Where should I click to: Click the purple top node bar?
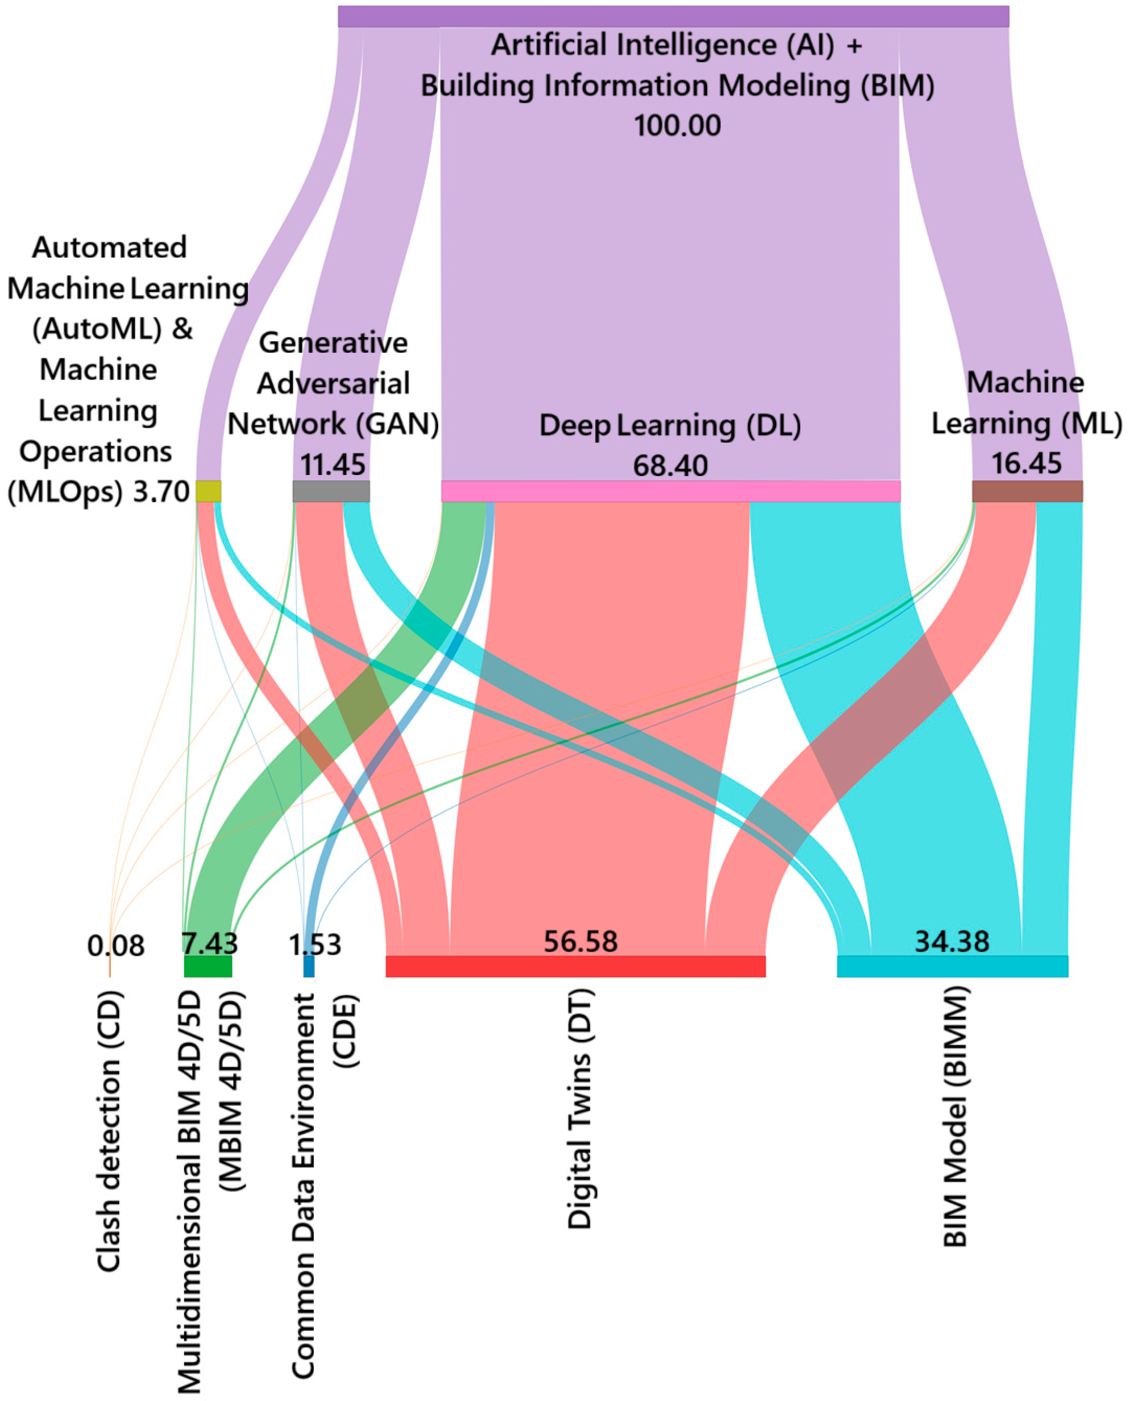coord(673,16)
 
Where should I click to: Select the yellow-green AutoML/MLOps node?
coord(208,491)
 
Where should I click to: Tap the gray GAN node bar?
coord(331,491)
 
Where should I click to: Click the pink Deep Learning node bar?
coord(671,491)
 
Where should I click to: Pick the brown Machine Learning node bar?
coord(1027,491)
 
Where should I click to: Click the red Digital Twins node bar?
coord(575,966)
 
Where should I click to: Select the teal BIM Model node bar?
coord(952,966)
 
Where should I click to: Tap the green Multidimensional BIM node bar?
coord(208,966)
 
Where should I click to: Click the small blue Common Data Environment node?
coord(309,966)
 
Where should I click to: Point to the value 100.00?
coord(677,125)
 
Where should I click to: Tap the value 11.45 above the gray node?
coord(332,465)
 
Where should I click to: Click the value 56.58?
coord(580,942)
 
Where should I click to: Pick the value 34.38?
coord(952,942)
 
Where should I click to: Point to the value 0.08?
coord(115,946)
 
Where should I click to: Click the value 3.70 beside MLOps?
coord(161,492)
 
